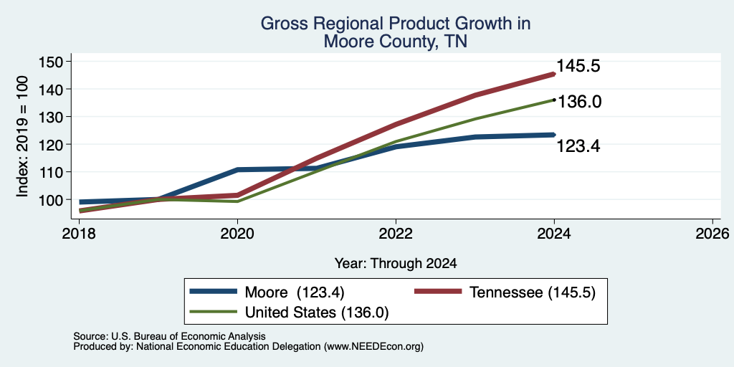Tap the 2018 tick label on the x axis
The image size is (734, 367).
(79, 233)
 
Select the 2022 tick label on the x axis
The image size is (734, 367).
(396, 233)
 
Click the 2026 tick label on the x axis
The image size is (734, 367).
(712, 233)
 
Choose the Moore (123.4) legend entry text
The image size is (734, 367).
(295, 292)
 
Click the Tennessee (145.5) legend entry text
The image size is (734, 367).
(533, 292)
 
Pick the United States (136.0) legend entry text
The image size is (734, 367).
(316, 313)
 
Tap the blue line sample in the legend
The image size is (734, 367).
(213, 291)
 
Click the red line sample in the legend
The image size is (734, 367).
(439, 291)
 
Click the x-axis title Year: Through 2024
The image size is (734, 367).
(396, 264)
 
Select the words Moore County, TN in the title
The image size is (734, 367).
(396, 42)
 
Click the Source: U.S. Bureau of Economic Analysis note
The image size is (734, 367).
(169, 336)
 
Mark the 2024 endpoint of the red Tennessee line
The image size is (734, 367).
(554, 74)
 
